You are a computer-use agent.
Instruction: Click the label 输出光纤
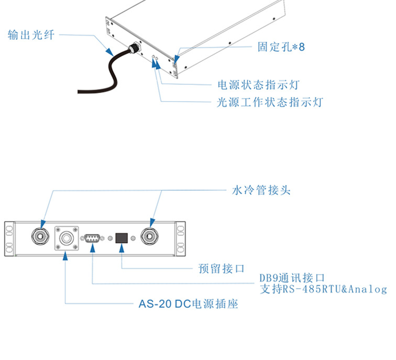[x=31, y=35]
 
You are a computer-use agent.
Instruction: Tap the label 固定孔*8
[x=281, y=47]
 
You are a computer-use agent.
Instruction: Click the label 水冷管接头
[x=261, y=190]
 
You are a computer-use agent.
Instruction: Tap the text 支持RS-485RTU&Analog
[x=323, y=289]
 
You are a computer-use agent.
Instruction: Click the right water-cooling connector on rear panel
[x=151, y=237]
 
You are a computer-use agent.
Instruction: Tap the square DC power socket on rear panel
[x=67, y=237]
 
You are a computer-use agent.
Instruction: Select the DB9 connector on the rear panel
[x=92, y=238]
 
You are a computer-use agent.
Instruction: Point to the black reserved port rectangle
[x=122, y=238]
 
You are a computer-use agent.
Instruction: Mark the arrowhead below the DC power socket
[x=65, y=255]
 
